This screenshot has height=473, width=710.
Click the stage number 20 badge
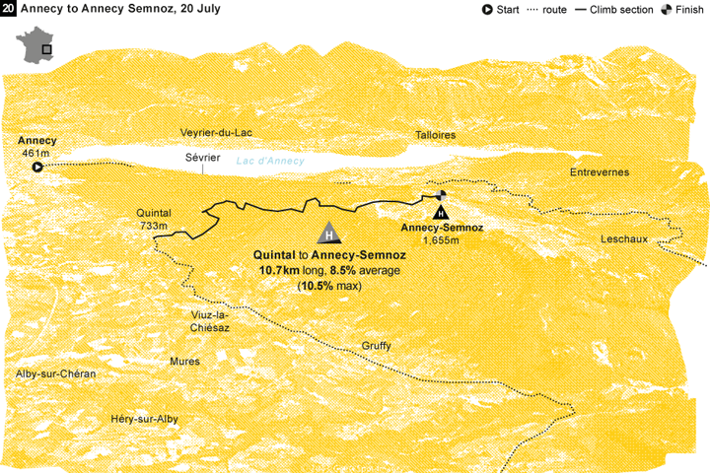tap(9, 9)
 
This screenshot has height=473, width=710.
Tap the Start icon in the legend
tap(487, 10)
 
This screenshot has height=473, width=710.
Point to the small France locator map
tap(36, 47)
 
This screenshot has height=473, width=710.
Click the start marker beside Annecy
tap(37, 169)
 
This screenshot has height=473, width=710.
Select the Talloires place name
tap(435, 135)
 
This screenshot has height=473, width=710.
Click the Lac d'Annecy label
tap(270, 162)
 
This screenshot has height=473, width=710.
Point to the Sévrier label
tap(202, 157)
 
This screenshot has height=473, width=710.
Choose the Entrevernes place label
tap(599, 172)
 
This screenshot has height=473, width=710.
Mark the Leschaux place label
tap(627, 240)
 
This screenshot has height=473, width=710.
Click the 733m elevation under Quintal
tap(155, 227)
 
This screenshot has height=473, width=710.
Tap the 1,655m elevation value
tap(441, 240)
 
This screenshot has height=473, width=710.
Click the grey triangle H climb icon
tap(329, 234)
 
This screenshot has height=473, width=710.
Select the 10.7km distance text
tap(281, 270)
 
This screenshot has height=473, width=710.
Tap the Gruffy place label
tap(377, 346)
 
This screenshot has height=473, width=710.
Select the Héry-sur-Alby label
tap(144, 419)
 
